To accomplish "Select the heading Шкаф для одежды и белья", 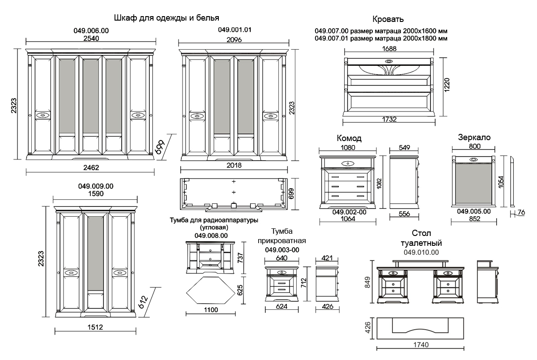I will [166, 18].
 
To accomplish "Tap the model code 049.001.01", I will [234, 30].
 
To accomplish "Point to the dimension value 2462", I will [91, 167].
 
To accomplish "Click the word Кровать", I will [388, 19].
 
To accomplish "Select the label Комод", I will [349, 138].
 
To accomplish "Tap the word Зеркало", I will [474, 137].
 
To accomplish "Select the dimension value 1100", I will [210, 310].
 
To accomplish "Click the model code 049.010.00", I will [421, 253].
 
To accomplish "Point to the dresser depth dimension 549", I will [404, 147].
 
